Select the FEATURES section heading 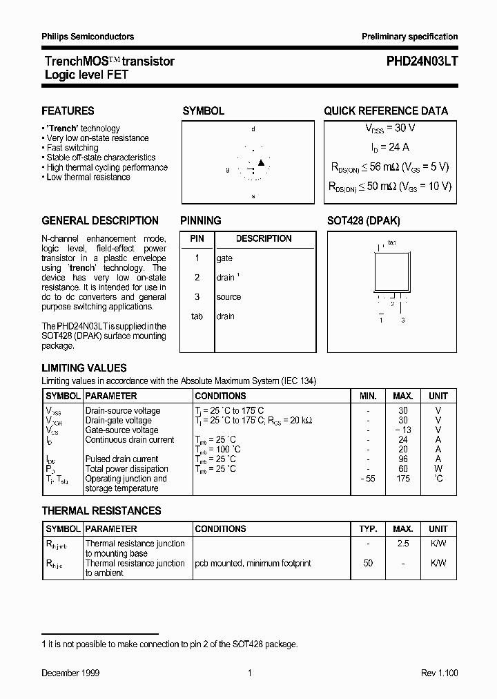tap(68, 111)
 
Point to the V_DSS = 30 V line tap(390, 128)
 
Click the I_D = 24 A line tap(390, 147)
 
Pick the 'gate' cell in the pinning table tap(224, 258)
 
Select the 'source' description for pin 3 tap(228, 297)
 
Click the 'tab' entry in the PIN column tap(197, 316)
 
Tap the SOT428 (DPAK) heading tap(363, 221)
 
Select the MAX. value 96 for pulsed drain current tap(403, 459)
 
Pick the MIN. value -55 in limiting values tap(368, 479)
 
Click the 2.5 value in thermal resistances tap(403, 544)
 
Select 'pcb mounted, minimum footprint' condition tap(253, 563)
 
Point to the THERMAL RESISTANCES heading tap(101, 511)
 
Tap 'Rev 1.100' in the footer tap(439, 673)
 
